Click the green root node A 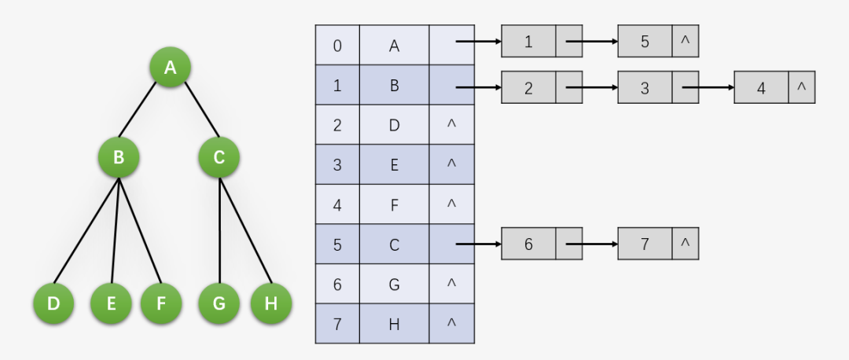coord(171,68)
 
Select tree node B coord(119,157)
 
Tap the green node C coord(219,157)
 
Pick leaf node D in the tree coord(53,303)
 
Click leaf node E coord(111,303)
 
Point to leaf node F coord(161,303)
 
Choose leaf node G coord(219,303)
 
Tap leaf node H coord(270,303)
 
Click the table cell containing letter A coord(395,46)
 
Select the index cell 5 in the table coord(337,244)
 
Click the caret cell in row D coord(451,125)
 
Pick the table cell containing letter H coord(395,324)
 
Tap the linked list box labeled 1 coord(528,42)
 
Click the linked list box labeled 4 coord(761,87)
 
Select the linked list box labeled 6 coord(528,244)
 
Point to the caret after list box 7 coord(685,244)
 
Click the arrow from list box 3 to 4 coord(708,87)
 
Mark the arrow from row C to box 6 coord(478,244)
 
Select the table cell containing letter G coord(395,284)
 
